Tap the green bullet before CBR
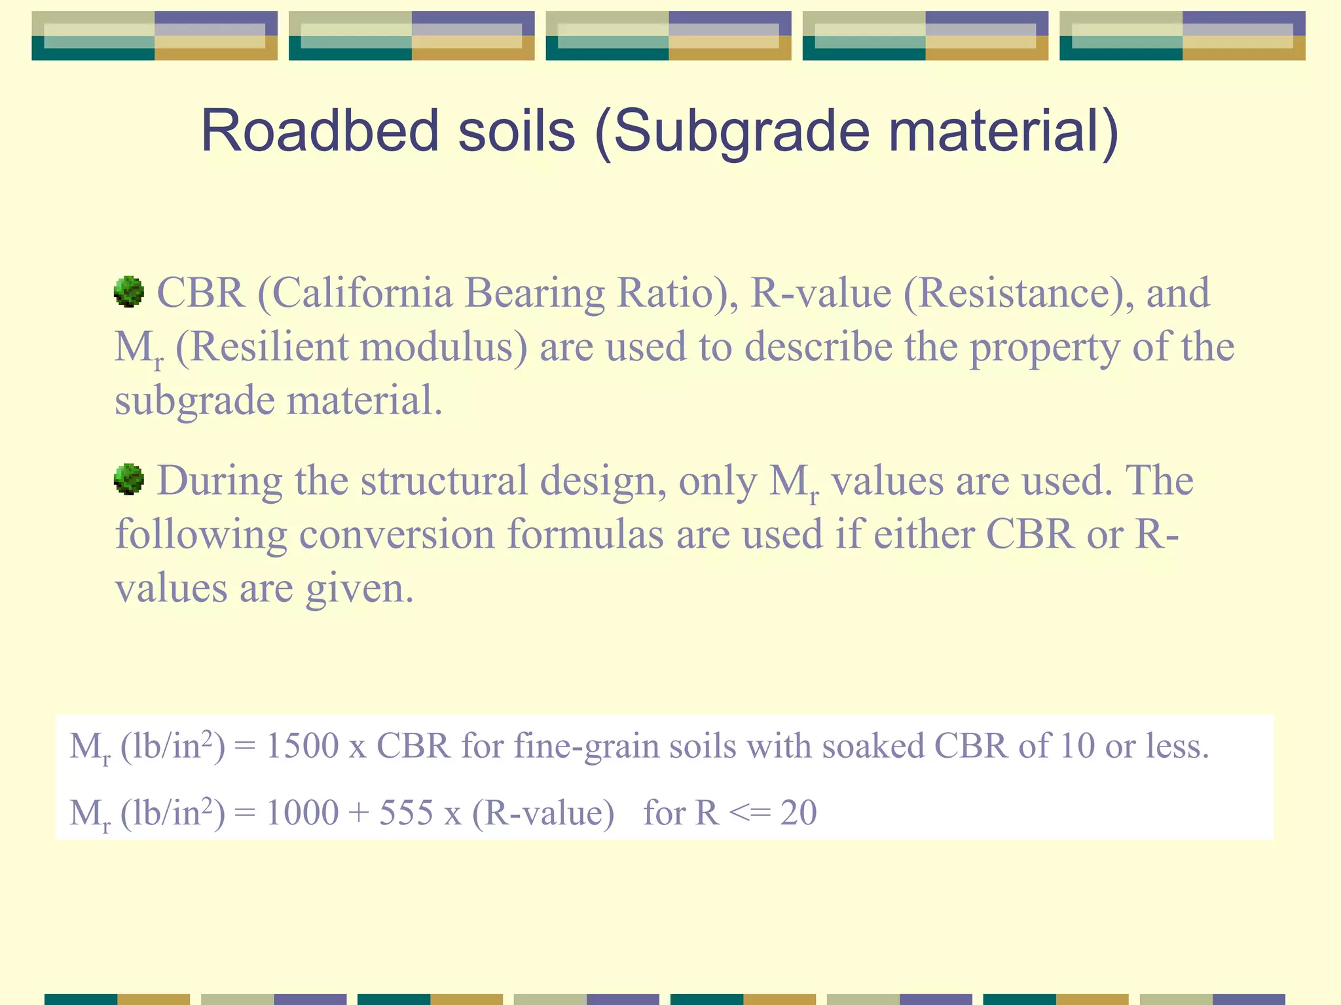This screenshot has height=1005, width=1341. tap(129, 291)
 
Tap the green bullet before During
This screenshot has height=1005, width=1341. tap(129, 480)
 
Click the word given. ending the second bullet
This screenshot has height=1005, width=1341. tap(359, 589)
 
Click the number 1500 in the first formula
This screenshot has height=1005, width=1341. tap(302, 746)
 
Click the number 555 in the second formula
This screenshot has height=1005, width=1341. tap(406, 813)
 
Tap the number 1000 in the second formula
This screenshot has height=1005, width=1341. tap(302, 813)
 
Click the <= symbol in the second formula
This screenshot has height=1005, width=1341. tap(749, 813)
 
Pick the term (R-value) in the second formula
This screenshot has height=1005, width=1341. tap(543, 813)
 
